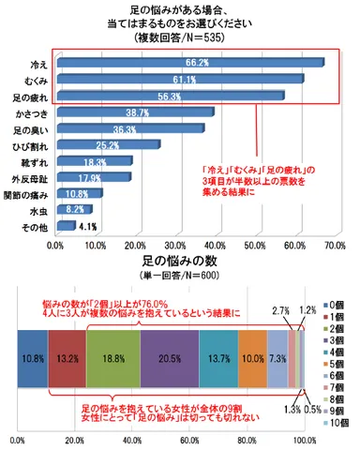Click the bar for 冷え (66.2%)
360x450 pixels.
[x=187, y=63]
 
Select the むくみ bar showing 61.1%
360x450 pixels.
[x=178, y=80]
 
